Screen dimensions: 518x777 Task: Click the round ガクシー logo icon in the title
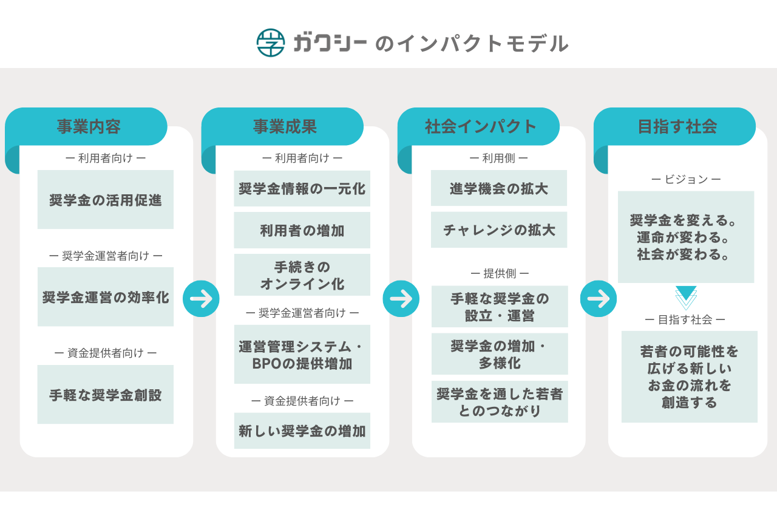(271, 43)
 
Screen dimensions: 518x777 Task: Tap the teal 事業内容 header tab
(89, 126)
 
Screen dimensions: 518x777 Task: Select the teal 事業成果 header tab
(285, 126)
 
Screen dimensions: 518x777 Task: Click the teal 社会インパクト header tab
(481, 126)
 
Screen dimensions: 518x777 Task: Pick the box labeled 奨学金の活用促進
(106, 200)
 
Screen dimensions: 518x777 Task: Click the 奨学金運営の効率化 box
(106, 297)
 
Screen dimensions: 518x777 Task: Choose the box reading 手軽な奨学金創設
(106, 395)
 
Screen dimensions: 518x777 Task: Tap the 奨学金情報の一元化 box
(302, 189)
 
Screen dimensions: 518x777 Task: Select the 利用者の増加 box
(302, 230)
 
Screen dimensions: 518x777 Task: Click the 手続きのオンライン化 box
(302, 275)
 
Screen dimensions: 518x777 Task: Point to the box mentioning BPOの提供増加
(302, 355)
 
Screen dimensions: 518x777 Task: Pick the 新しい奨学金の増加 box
(302, 431)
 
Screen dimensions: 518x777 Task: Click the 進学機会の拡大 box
(499, 188)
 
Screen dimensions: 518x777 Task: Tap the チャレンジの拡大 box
(499, 230)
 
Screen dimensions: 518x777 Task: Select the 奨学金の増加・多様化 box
(500, 354)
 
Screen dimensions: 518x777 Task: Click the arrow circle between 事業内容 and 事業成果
(201, 298)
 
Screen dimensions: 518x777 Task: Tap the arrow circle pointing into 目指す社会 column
(598, 298)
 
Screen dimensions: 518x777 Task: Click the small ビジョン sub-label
(686, 179)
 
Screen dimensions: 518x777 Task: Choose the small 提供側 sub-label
(499, 273)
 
